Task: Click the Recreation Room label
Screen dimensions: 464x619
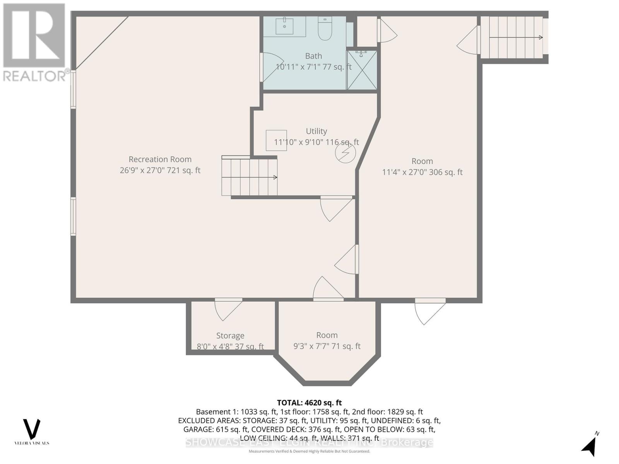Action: (160, 159)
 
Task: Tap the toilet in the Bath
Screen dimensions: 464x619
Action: (325, 29)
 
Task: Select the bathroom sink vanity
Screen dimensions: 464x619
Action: (285, 26)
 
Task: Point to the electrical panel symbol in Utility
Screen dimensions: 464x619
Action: (345, 153)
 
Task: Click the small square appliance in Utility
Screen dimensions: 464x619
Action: (276, 140)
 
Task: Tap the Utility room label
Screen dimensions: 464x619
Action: (316, 131)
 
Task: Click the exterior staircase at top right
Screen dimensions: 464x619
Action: (513, 38)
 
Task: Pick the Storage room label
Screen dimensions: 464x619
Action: (230, 336)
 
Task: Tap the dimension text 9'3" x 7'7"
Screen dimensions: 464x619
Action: (327, 346)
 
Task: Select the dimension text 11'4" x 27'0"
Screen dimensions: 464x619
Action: (422, 172)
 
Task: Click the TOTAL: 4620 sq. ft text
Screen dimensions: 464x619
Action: (309, 403)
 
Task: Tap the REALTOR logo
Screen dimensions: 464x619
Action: (34, 43)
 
